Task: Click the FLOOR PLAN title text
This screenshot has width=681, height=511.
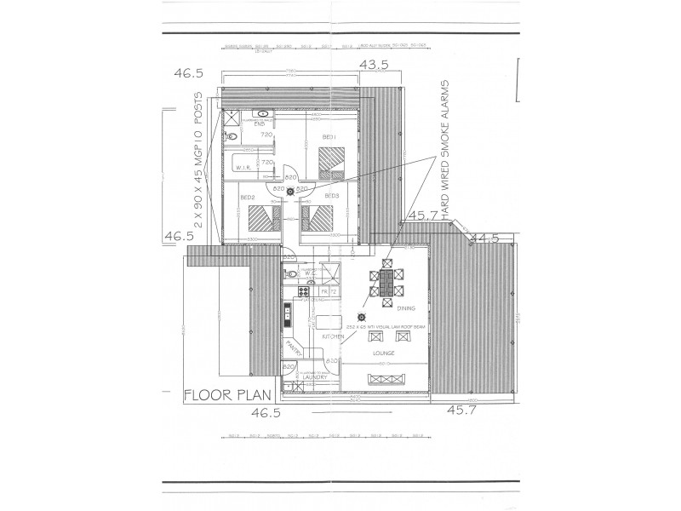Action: click(x=226, y=395)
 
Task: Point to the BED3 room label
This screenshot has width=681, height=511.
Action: click(x=331, y=196)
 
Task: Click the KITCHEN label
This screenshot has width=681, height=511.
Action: click(x=334, y=337)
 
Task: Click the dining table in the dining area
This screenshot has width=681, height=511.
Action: click(x=388, y=281)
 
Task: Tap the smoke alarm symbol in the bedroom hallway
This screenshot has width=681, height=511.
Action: click(x=290, y=192)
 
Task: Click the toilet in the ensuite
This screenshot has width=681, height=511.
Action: click(x=232, y=135)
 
